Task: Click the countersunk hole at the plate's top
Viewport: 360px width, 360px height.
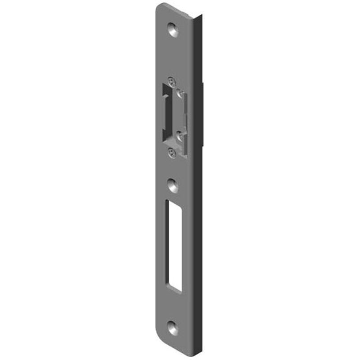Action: pos(173,30)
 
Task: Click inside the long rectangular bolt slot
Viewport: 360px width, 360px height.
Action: pos(173,245)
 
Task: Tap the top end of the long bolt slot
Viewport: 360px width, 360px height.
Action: pos(173,202)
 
